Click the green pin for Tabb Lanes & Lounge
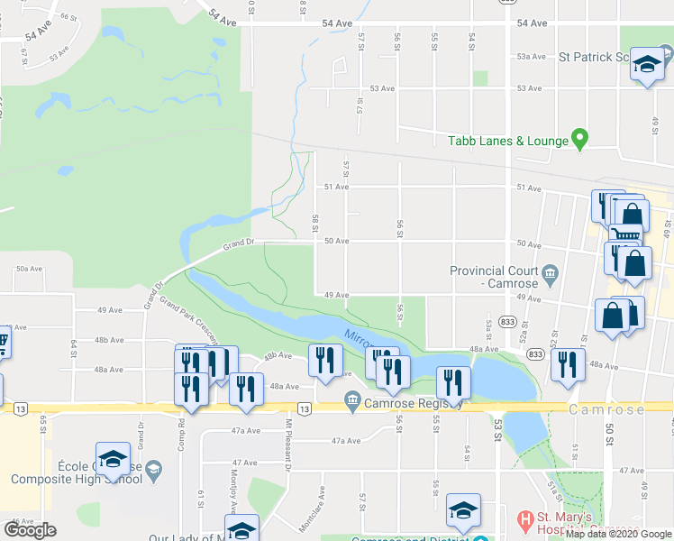click(x=580, y=140)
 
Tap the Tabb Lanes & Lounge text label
click(x=509, y=141)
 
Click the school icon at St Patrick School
click(x=646, y=65)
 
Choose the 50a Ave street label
click(x=29, y=268)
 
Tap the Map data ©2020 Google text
click(x=617, y=534)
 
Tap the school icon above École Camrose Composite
click(x=113, y=459)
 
